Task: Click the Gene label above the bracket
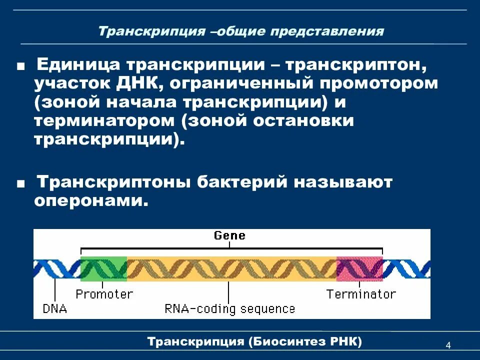coord(229,235)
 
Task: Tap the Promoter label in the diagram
coord(104,294)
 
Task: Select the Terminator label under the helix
coord(360,294)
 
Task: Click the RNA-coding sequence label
coord(229,309)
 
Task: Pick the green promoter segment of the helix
coord(103,268)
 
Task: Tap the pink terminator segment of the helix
coord(359,268)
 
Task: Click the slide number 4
coord(447,346)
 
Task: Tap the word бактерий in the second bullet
coord(244,182)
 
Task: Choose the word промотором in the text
coord(380,83)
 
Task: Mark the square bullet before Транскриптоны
coord(20,184)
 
